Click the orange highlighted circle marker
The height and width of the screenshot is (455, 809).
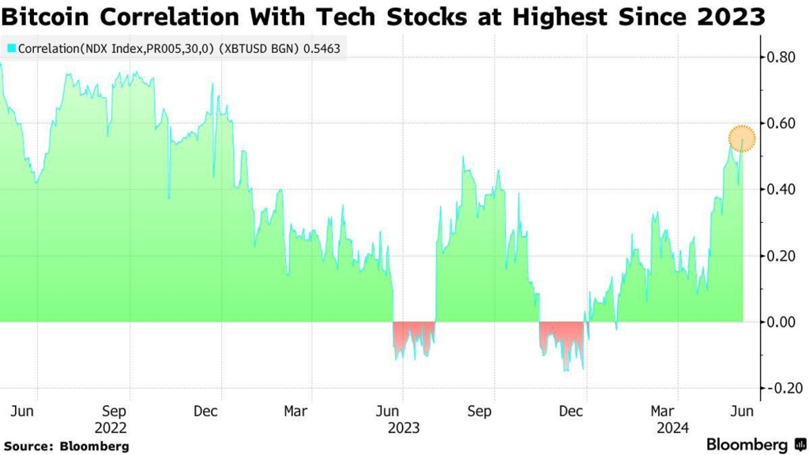742,139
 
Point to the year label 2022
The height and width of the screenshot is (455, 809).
115,428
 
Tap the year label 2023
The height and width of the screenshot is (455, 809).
403,428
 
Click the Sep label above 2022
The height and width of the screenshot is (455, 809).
115,412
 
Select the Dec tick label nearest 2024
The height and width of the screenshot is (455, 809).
571,412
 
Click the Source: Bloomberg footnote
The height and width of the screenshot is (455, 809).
66,446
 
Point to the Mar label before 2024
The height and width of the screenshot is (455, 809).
662,412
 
